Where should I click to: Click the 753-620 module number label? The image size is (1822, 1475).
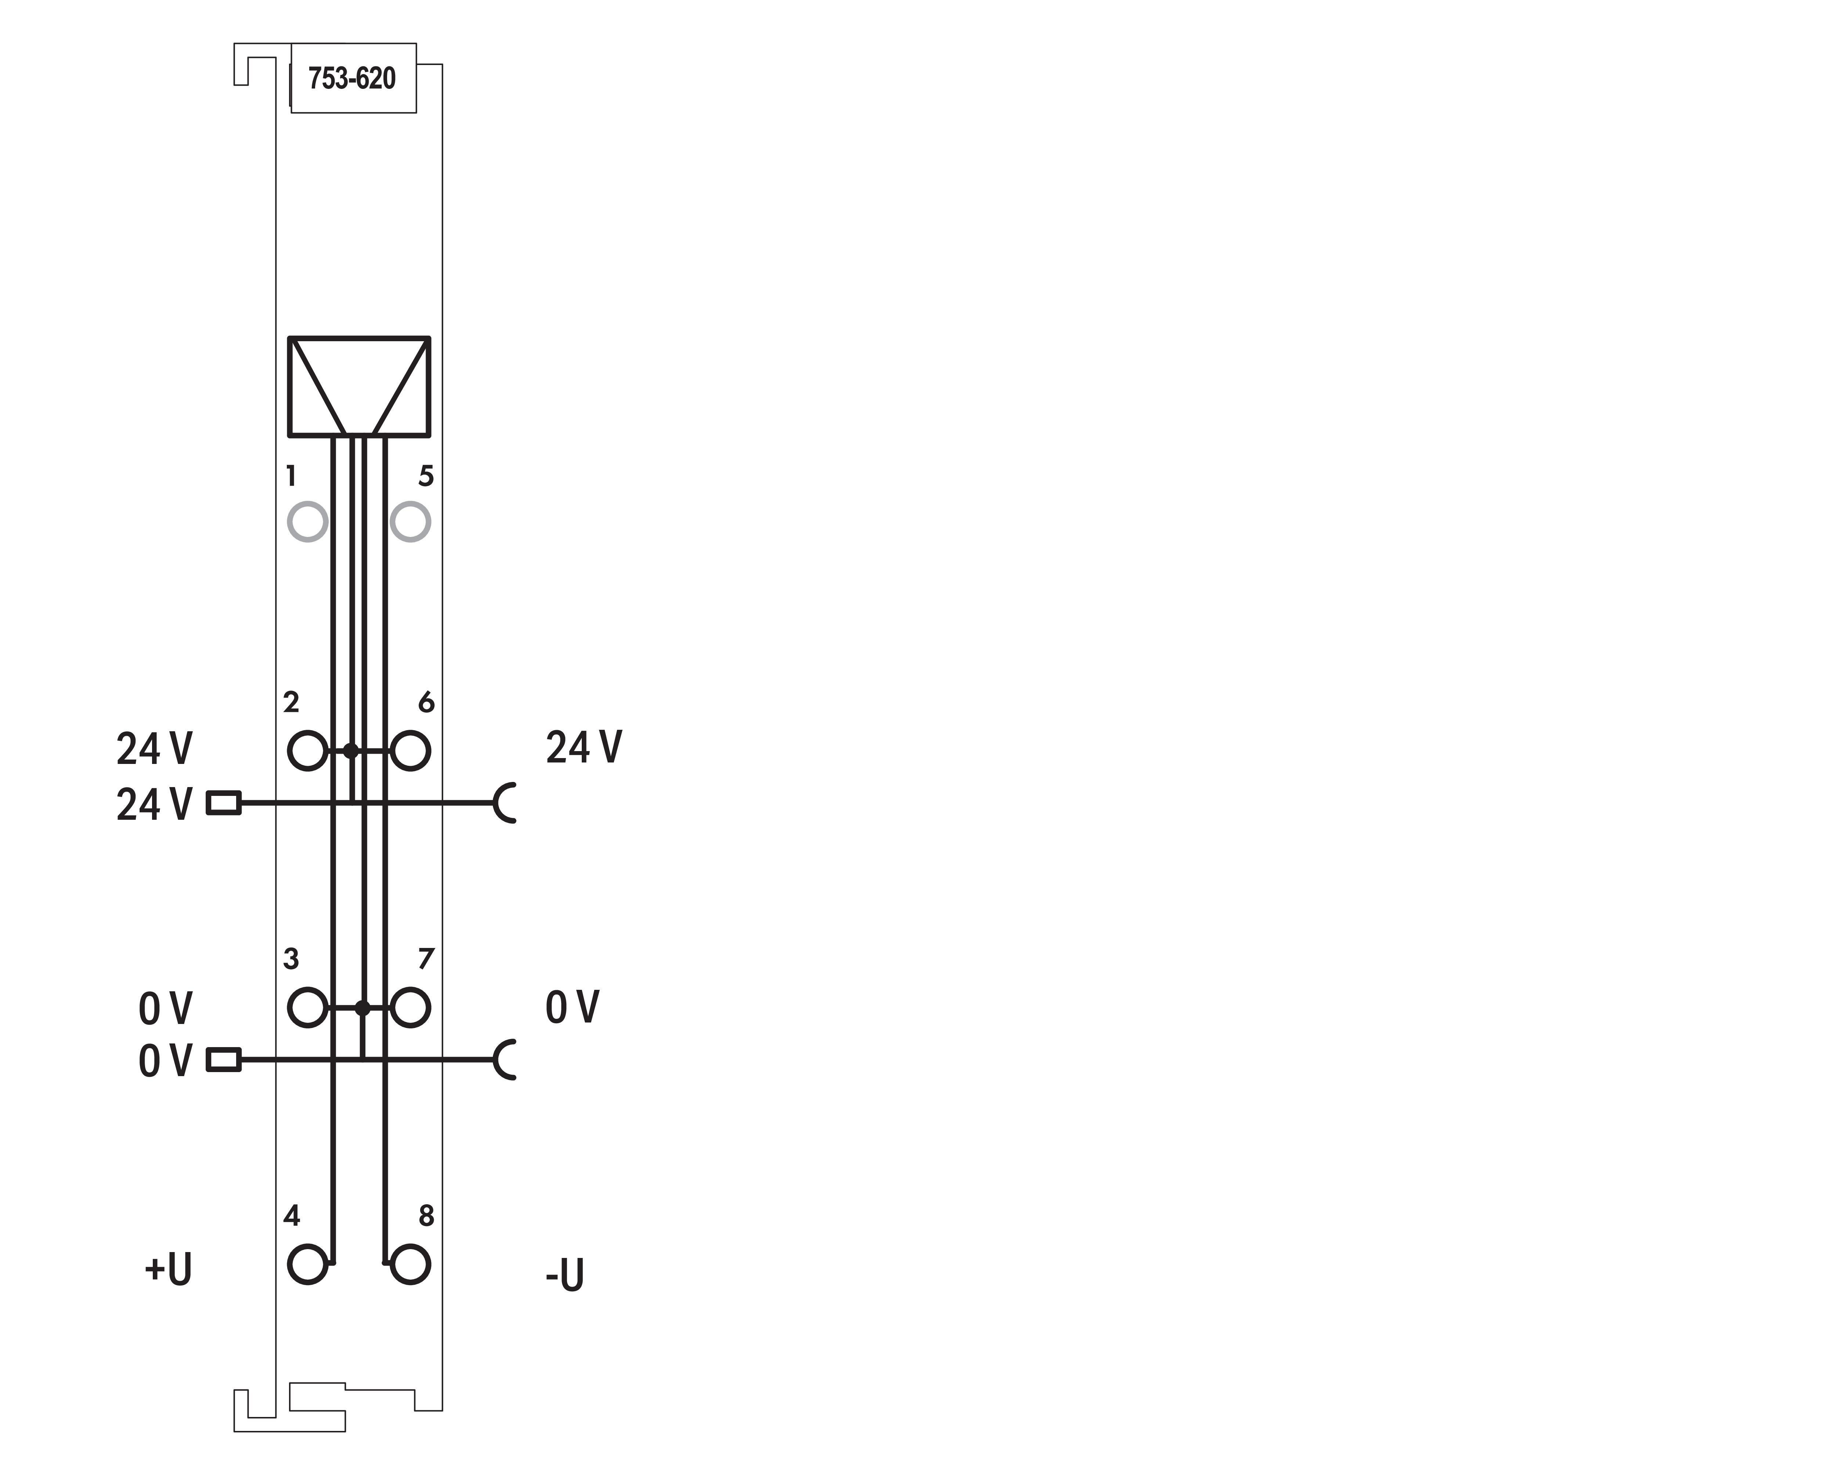point(352,78)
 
